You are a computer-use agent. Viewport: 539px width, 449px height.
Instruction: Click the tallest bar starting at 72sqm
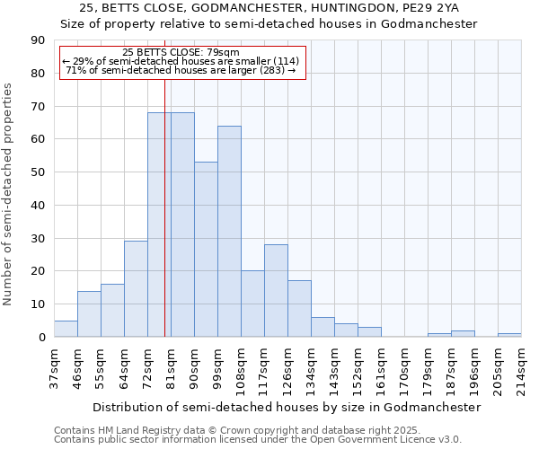point(159,224)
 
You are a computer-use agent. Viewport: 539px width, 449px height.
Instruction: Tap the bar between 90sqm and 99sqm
point(206,250)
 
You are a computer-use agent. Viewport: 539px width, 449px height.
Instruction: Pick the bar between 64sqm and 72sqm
point(136,289)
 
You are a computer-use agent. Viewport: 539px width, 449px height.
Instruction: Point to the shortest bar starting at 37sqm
point(66,329)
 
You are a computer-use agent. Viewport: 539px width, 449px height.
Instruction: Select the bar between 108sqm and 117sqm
point(252,304)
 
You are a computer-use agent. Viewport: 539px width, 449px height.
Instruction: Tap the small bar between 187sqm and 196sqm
point(463,334)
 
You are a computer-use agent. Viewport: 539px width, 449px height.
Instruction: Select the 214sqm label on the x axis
point(520,367)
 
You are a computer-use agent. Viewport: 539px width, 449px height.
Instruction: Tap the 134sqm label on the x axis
point(310,367)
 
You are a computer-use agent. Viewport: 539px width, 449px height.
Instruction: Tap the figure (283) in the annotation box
point(270,70)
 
